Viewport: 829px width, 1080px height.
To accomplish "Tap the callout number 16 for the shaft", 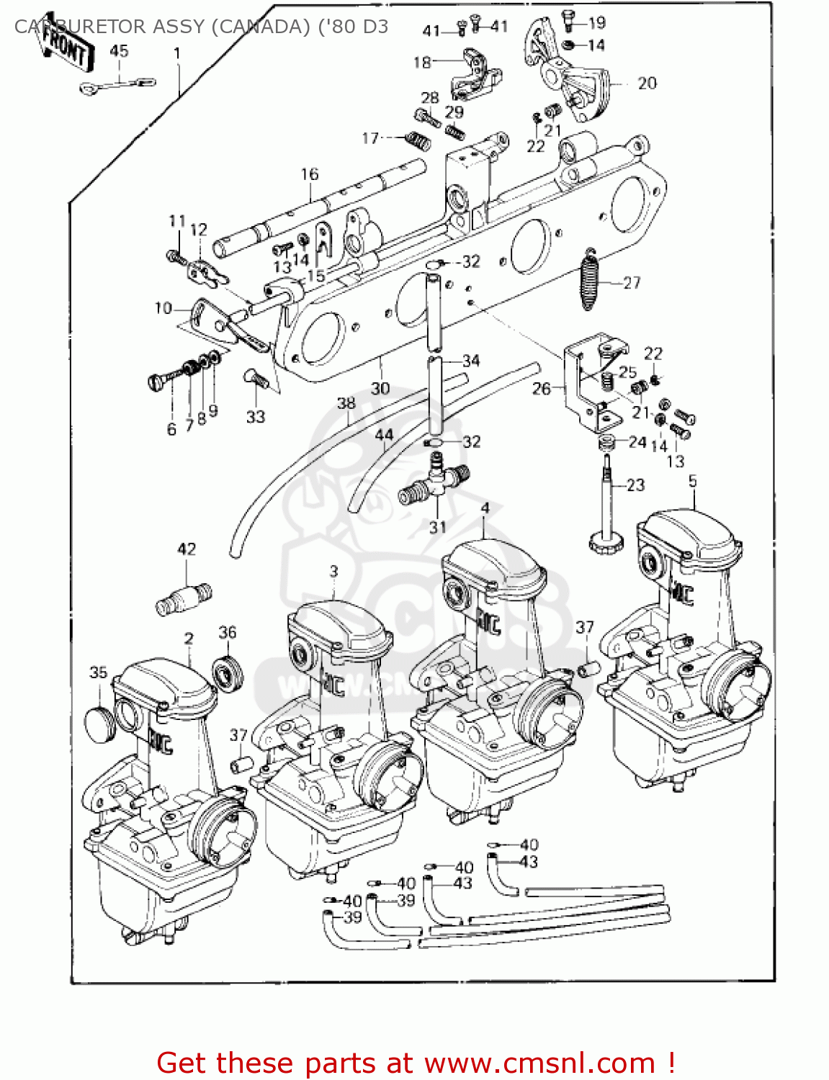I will pyautogui.click(x=309, y=174).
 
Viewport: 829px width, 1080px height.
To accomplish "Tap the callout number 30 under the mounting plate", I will pyautogui.click(x=380, y=389).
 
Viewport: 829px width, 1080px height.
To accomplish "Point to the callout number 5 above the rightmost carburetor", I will pyautogui.click(x=692, y=481).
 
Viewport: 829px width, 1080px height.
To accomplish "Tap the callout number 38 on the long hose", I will pyautogui.click(x=346, y=403).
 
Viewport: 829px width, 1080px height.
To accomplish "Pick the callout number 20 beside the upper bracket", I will pyautogui.click(x=647, y=84).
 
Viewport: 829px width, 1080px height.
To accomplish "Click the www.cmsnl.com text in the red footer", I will pyautogui.click(x=539, y=1063).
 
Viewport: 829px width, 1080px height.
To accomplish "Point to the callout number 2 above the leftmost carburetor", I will pyautogui.click(x=189, y=639).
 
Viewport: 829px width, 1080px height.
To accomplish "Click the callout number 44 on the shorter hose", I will pyautogui.click(x=384, y=435).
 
